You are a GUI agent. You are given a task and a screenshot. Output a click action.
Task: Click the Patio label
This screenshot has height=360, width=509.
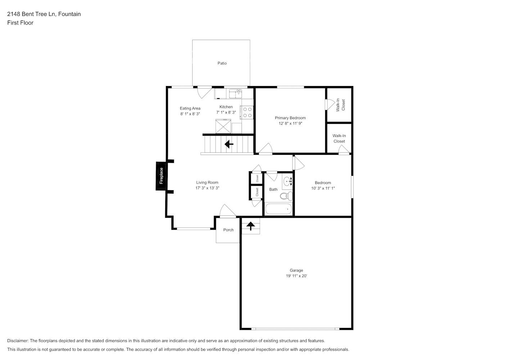[222, 63]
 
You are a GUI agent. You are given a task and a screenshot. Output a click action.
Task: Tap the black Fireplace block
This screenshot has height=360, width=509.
[161, 176]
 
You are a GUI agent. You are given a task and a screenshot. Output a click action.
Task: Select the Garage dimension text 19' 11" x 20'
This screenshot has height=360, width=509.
[296, 276]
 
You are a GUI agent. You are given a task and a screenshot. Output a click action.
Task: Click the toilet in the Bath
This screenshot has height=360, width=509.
[287, 196]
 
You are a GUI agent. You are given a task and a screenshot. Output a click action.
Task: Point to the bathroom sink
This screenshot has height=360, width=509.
[287, 181]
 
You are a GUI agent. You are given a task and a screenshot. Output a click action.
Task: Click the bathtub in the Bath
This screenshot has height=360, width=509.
[279, 209]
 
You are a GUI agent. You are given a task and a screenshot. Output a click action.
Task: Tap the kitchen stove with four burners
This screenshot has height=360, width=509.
[247, 112]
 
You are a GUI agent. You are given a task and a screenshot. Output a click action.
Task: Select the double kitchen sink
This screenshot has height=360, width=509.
[236, 94]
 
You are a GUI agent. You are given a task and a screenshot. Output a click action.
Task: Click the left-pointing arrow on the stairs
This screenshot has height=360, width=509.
[229, 144]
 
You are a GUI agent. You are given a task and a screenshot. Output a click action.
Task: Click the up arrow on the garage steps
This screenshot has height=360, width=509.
[251, 226]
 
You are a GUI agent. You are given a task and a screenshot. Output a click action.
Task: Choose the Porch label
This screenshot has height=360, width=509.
[228, 230]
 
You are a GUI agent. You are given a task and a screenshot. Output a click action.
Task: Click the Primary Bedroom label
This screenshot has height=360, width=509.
[290, 118]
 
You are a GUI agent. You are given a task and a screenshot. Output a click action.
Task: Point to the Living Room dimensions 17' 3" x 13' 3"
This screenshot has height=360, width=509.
[207, 188]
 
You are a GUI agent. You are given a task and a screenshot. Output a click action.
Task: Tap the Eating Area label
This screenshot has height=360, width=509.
[190, 108]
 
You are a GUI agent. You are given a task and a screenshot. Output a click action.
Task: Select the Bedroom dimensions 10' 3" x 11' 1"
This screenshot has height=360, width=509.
[323, 188]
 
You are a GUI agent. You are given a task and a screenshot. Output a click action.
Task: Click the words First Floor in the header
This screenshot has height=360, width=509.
[20, 23]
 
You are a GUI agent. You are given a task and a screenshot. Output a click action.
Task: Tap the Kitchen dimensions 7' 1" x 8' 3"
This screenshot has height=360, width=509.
[226, 112]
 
